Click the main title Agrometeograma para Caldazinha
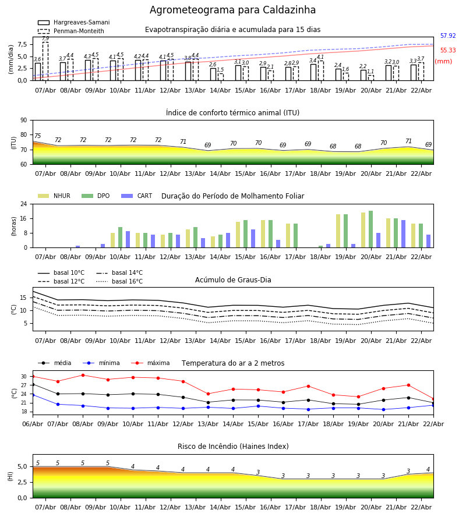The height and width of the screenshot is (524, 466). [x=232, y=10]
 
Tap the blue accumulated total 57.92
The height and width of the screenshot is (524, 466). [x=447, y=36]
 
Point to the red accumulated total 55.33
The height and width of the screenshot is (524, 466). [x=447, y=51]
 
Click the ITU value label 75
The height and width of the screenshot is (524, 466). [x=37, y=136]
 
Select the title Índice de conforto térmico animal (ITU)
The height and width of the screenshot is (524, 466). [x=232, y=113]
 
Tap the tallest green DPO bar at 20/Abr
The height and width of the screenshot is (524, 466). [x=370, y=229]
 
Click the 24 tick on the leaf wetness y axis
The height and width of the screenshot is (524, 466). [x=26, y=204]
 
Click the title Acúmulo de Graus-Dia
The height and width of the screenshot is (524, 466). [x=233, y=280]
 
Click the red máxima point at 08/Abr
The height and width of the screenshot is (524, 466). [x=83, y=375]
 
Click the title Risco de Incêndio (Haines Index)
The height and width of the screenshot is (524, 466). [x=233, y=447]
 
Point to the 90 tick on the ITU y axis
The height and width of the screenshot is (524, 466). [x=24, y=121]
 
